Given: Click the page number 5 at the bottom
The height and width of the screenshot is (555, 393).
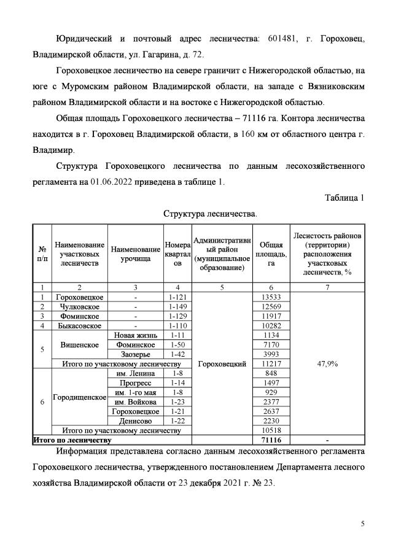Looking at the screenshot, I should coord(363,523).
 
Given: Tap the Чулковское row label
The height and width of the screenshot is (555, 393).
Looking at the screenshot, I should coord(79,306).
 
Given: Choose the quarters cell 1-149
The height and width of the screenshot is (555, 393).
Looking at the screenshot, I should coord(177,306).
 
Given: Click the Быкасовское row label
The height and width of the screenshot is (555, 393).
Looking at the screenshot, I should coord(79,325).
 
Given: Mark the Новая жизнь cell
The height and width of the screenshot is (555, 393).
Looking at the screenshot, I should coord(136,335).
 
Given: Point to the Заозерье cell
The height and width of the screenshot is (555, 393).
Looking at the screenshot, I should coord(136,354).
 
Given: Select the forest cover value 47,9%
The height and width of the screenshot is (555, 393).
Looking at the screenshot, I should coord(330,363).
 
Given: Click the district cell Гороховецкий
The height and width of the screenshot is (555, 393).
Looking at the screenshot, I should coord(223,363).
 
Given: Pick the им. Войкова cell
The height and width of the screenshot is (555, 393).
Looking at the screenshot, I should coord(136,402).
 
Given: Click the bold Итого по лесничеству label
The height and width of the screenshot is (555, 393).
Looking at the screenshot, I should coord(72,440).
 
